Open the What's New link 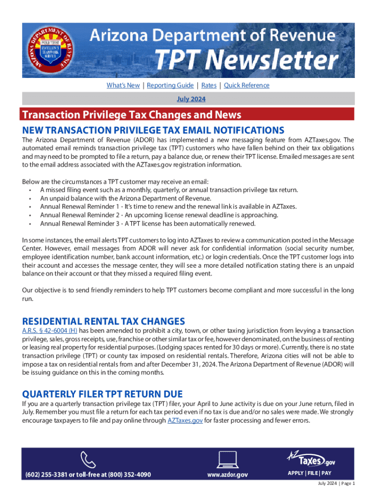tap(123, 85)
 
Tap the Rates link tap(209, 85)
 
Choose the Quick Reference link tap(246, 85)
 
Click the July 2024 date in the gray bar tap(191, 99)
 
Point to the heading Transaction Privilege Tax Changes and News tap(132, 115)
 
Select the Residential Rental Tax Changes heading tap(104, 322)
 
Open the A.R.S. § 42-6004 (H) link tap(50, 331)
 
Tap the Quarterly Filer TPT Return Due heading tap(102, 394)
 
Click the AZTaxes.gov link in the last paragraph tap(185, 421)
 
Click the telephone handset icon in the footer tap(87, 459)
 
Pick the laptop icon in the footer tap(227, 459)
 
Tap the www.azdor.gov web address tap(227, 475)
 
